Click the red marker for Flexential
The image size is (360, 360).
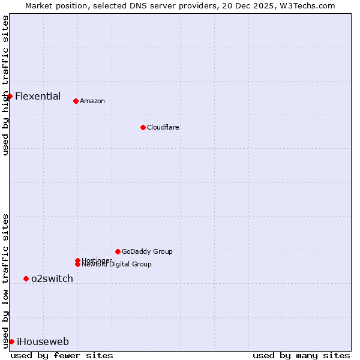(x=10, y=96)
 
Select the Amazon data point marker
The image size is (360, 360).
(x=76, y=101)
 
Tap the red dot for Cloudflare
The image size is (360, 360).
(x=143, y=127)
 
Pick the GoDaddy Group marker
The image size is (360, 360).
(x=118, y=251)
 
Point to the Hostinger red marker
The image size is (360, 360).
(x=77, y=260)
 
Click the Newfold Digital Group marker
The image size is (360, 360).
(x=77, y=264)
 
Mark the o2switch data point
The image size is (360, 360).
(x=26, y=278)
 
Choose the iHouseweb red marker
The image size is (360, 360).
(x=11, y=341)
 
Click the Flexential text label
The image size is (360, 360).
(x=38, y=96)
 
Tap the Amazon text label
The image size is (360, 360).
(x=92, y=101)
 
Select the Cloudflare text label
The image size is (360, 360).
(x=163, y=127)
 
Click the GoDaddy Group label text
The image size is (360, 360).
(x=147, y=251)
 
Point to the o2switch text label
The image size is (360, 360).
(x=52, y=278)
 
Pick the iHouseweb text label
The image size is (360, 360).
(x=43, y=342)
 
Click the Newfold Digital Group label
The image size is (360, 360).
(x=116, y=264)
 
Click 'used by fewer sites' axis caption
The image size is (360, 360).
(x=62, y=355)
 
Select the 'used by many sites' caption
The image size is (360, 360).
(x=301, y=355)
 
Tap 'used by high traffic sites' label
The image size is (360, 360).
(x=5, y=85)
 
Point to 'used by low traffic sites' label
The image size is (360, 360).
(x=5, y=280)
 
